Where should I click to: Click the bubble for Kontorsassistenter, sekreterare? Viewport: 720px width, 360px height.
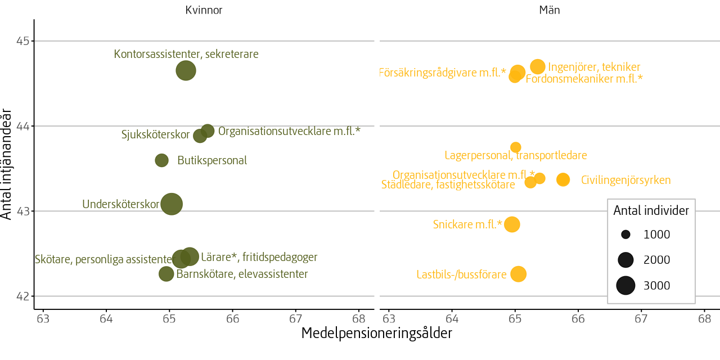pos(186,71)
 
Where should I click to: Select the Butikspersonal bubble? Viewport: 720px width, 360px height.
pos(161,160)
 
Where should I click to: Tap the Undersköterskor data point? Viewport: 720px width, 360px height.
pos(172,204)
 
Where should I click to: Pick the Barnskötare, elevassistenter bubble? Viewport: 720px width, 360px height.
pos(166,274)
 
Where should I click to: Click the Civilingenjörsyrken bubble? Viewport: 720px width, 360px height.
pos(563,179)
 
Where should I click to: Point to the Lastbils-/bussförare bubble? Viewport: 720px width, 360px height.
pos(518,274)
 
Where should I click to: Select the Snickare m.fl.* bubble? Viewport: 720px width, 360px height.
pos(512,224)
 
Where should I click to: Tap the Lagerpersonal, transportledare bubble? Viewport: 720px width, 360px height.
pos(515,147)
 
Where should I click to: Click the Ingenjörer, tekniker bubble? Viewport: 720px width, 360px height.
pos(538,66)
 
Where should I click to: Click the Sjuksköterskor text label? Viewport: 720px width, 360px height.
pos(155,135)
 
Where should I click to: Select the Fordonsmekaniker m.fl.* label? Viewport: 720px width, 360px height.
pos(584,79)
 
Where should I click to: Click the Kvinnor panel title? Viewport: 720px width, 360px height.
pos(204,10)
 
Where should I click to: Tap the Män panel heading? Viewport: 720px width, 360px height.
pos(549,10)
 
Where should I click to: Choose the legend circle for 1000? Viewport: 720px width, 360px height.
pos(625,235)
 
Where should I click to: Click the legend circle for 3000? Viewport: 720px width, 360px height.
pos(625,286)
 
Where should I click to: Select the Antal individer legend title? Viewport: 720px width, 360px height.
pos(651,210)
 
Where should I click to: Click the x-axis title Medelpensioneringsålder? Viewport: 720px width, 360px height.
pos(376,334)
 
